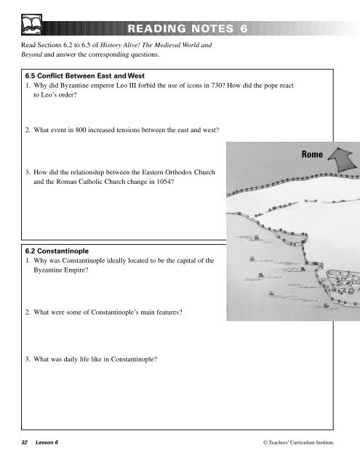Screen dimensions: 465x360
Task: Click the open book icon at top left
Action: tap(32, 28)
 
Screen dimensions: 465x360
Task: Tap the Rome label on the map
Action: tap(306, 155)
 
